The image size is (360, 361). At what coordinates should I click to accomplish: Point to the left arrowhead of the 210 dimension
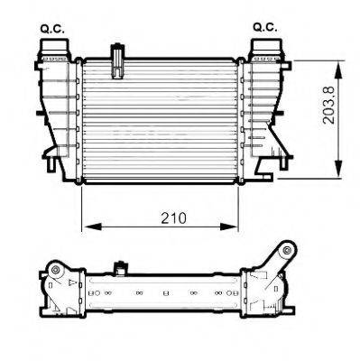pyautogui.click(x=87, y=226)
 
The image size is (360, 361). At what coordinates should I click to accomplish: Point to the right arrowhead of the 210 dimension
pyautogui.click(x=237, y=226)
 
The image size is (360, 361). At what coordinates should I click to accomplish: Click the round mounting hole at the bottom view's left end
pyautogui.click(x=54, y=272)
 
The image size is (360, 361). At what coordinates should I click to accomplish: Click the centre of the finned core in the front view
pyautogui.click(x=161, y=120)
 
